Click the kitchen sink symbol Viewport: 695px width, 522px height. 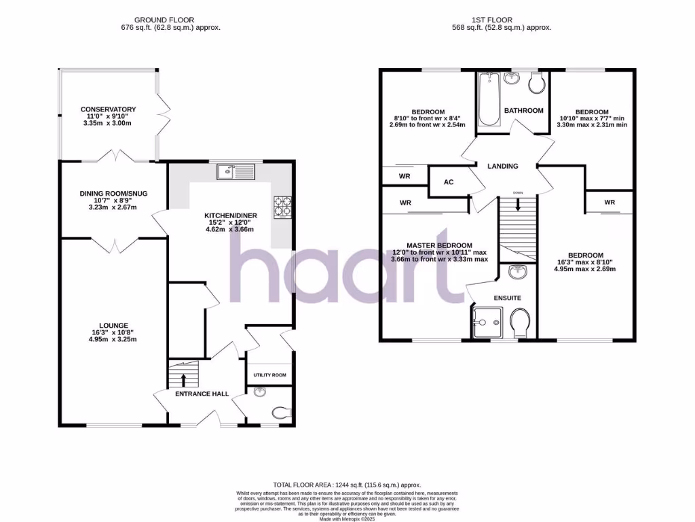point(235,172)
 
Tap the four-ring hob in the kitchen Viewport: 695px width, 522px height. point(282,205)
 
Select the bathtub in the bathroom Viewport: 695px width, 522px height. point(488,99)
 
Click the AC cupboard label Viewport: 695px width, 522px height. point(449,182)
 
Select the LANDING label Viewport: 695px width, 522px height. point(503,166)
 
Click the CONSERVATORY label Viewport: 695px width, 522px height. point(108,109)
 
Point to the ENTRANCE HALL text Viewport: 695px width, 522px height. point(202,394)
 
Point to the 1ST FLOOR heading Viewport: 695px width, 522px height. point(501,20)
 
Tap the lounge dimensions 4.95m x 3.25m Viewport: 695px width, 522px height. point(113,339)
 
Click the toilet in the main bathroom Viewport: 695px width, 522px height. point(536,84)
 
